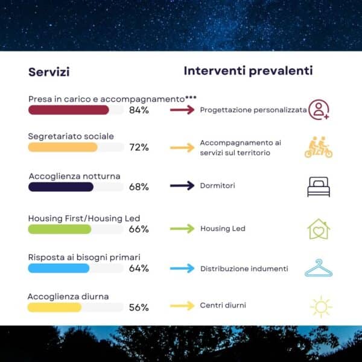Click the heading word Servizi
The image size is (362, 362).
[x=49, y=72]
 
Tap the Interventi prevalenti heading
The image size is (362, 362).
[x=248, y=71]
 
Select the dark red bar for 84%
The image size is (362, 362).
[x=69, y=110]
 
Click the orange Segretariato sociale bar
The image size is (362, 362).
[x=63, y=147]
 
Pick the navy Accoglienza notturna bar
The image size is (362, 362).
[x=61, y=187]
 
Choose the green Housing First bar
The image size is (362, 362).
[x=60, y=229]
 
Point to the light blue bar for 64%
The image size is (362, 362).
[x=59, y=268]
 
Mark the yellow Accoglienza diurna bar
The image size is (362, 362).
[x=54, y=308]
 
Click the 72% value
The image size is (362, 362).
[x=139, y=147]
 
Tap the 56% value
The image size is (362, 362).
[x=139, y=308]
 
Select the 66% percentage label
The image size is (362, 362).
[x=139, y=229]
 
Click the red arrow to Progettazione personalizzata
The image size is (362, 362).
[x=182, y=110]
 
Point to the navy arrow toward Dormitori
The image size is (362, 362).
[x=182, y=186]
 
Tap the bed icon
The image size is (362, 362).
[x=319, y=187]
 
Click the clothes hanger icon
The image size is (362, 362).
[x=319, y=268]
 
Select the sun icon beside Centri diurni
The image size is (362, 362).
[x=321, y=307]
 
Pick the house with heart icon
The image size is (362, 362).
[x=319, y=229]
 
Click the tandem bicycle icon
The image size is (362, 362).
[x=319, y=147]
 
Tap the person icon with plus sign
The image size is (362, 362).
[x=319, y=110]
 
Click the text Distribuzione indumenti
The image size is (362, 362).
[x=244, y=268]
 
